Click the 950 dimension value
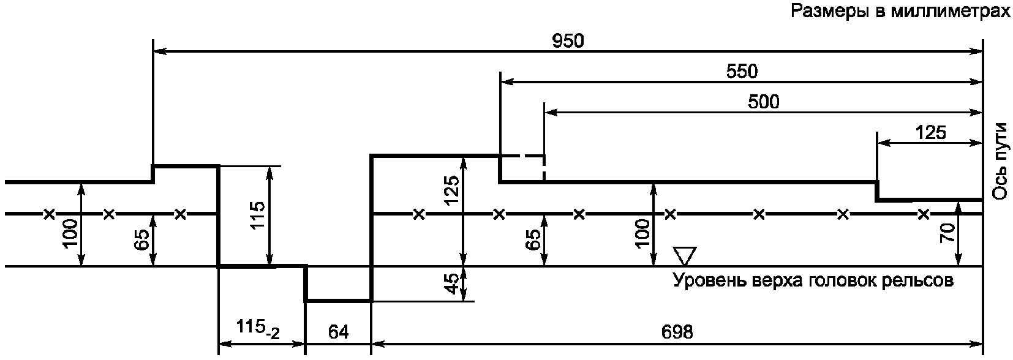pyautogui.click(x=568, y=41)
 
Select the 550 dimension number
pyautogui.click(x=742, y=72)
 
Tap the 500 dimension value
pyautogui.click(x=764, y=102)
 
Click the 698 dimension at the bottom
pyautogui.click(x=677, y=332)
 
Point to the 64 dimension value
pyautogui.click(x=338, y=332)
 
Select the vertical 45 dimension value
pyautogui.click(x=452, y=283)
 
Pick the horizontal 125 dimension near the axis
pyautogui.click(x=931, y=132)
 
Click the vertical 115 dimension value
pyautogui.click(x=258, y=216)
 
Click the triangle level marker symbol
pyautogui.click(x=684, y=255)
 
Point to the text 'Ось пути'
pyautogui.click(x=1000, y=161)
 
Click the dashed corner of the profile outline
pyautogui.click(x=544, y=156)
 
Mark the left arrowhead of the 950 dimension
pyautogui.click(x=160, y=52)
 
